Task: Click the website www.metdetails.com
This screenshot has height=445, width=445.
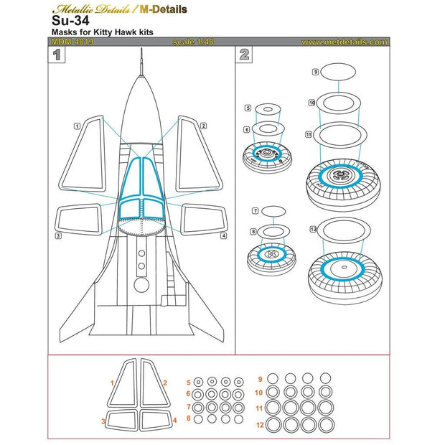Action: tap(345, 42)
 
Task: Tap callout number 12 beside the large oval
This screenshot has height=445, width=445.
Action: tap(314, 229)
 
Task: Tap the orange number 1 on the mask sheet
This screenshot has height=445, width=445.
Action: tap(112, 384)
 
